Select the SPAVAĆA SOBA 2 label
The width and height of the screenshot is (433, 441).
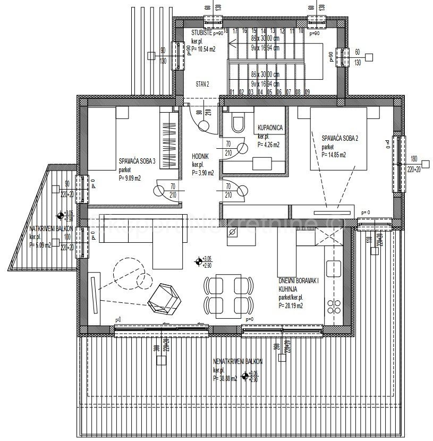[340, 138]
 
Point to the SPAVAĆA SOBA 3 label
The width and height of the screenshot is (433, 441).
[137, 162]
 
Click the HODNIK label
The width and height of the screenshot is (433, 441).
[201, 157]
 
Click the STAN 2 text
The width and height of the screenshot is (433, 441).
[202, 84]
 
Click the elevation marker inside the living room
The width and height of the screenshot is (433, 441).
[199, 262]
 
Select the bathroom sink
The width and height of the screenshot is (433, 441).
[260, 163]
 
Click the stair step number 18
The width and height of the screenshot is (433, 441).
[226, 31]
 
